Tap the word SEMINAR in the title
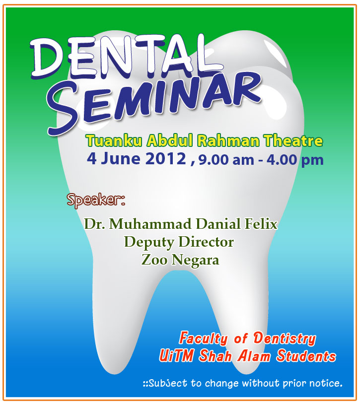(154, 103)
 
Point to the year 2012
(166, 158)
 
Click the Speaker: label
(96, 200)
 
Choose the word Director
(206, 242)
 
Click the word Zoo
(154, 260)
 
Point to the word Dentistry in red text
(285, 338)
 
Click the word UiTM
(176, 356)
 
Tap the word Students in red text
(306, 356)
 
